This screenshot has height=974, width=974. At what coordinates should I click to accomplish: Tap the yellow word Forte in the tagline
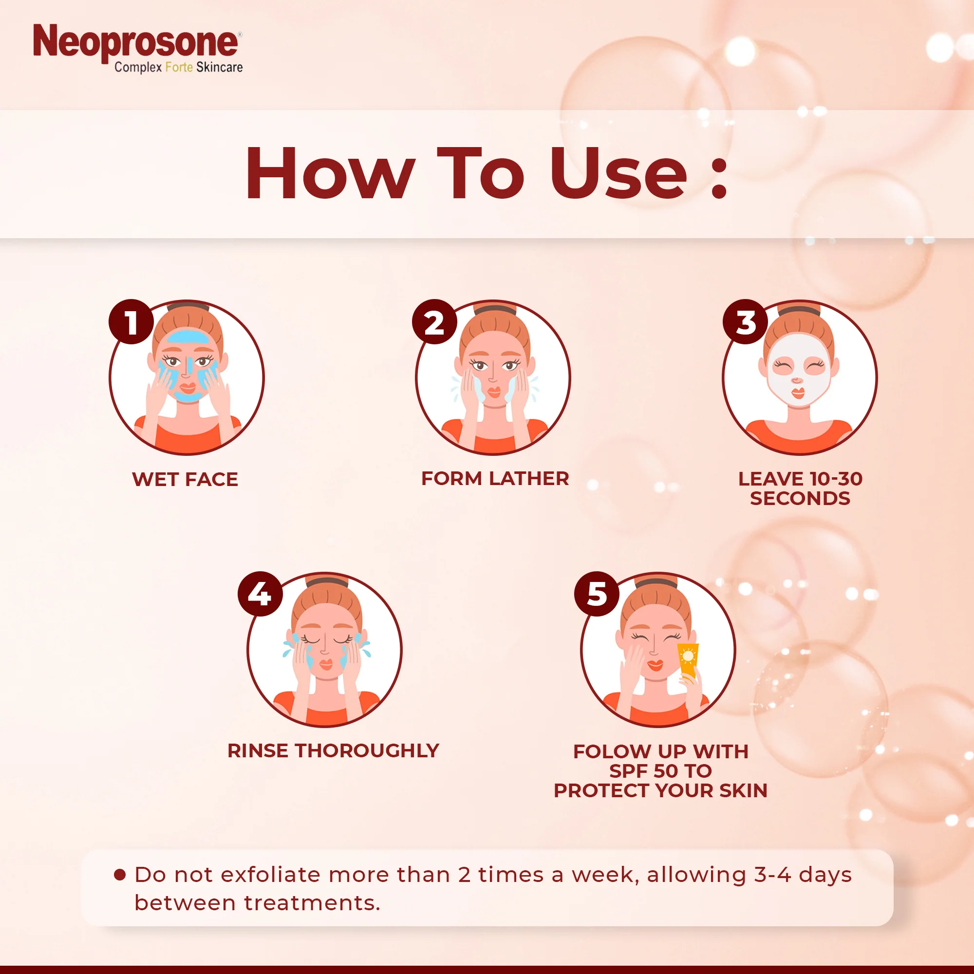click(179, 67)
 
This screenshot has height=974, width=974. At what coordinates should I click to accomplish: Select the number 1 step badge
click(131, 321)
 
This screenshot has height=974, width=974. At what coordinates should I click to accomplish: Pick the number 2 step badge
click(434, 321)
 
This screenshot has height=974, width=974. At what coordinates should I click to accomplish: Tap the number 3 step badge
click(745, 321)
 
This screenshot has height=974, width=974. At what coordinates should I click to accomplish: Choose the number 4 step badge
click(260, 594)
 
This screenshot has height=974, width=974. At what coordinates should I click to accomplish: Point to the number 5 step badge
click(597, 594)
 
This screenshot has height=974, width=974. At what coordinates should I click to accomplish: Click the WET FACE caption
click(185, 479)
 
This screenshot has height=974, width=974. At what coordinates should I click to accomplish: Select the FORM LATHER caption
click(495, 478)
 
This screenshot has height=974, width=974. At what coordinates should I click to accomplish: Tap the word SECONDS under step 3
click(800, 499)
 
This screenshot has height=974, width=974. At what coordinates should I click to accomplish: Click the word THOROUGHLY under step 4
click(367, 750)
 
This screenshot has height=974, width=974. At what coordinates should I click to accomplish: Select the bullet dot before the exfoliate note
click(119, 875)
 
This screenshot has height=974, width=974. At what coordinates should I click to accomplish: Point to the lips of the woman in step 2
click(494, 391)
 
